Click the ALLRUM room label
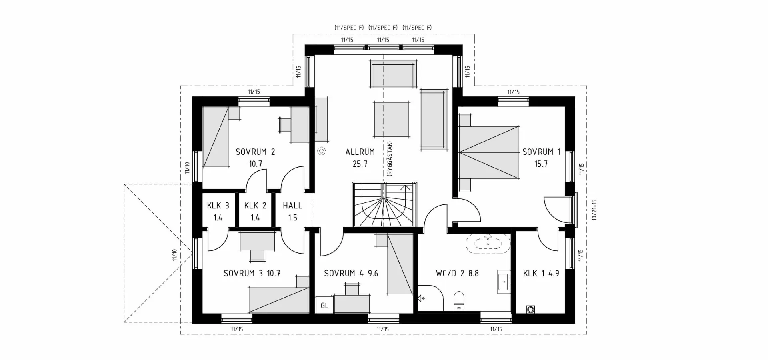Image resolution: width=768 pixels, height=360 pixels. [x=360, y=152]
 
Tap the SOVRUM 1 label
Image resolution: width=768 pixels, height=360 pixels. [x=541, y=152]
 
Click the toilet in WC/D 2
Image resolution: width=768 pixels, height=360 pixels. [x=459, y=301]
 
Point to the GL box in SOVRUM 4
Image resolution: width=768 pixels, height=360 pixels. [x=324, y=306]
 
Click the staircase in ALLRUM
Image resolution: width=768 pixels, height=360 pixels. [x=384, y=205]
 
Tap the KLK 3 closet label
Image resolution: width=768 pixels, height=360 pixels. [x=218, y=206]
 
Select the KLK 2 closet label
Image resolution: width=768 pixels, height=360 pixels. [x=255, y=206]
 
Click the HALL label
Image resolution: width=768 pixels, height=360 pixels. [x=292, y=206]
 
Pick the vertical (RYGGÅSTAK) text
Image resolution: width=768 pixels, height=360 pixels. [x=390, y=158]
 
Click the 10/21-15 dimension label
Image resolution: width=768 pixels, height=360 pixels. [x=594, y=210]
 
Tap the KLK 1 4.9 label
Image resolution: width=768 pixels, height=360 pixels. [x=541, y=274]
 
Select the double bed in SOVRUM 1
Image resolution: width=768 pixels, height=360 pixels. [x=489, y=152]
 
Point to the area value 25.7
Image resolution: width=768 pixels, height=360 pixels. [x=360, y=164]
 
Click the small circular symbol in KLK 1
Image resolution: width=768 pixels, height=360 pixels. [x=531, y=309]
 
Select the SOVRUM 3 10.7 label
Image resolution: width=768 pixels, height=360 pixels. [x=252, y=274]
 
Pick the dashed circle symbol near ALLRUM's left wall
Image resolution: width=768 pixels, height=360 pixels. [x=322, y=151]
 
